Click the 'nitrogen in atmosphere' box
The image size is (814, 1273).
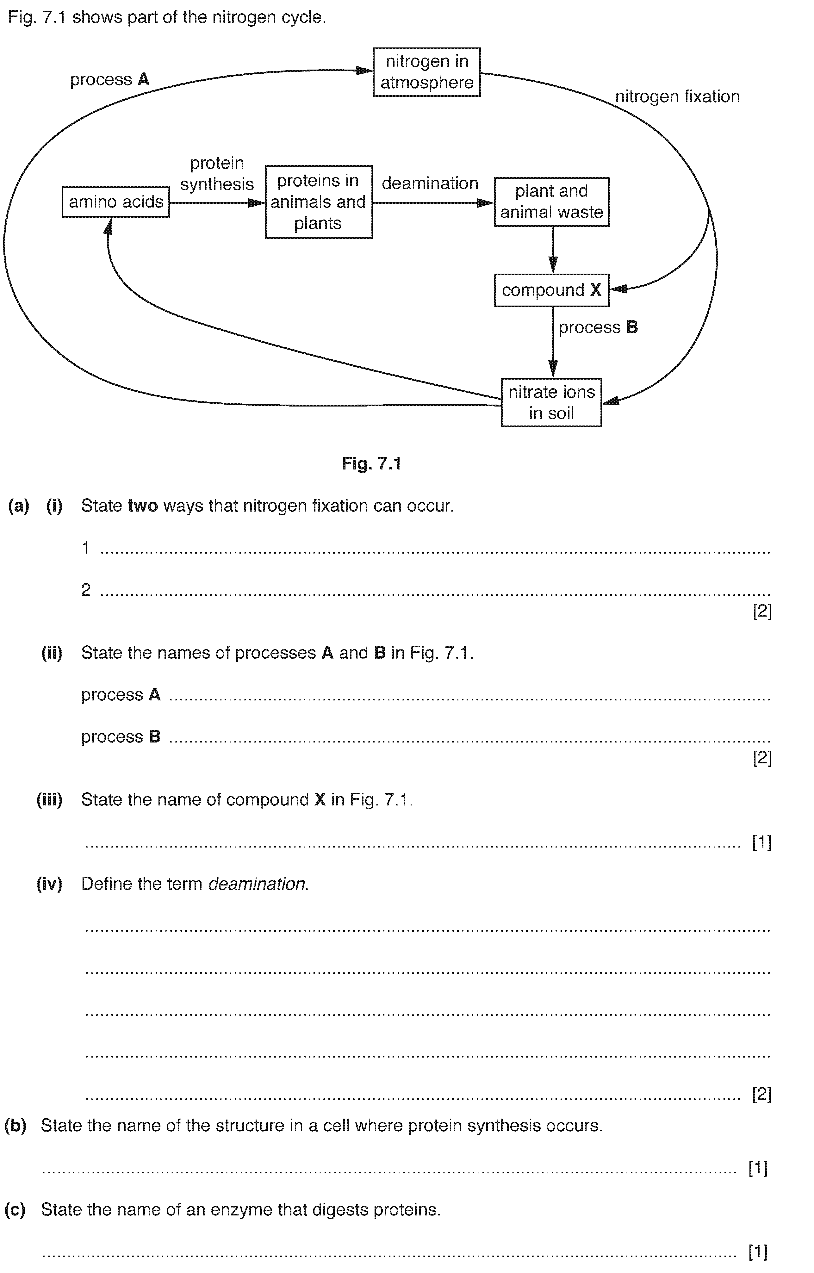click(426, 72)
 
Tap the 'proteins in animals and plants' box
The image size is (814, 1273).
click(319, 202)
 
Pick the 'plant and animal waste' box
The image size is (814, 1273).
click(552, 202)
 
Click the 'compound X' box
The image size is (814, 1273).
click(552, 290)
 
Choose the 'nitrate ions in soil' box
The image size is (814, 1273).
click(551, 402)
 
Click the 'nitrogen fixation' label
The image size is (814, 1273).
click(677, 97)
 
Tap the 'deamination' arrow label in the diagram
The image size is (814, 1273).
click(430, 183)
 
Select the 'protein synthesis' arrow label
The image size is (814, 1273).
click(217, 173)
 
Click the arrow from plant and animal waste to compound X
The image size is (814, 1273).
click(553, 250)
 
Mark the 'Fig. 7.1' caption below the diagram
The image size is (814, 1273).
click(372, 464)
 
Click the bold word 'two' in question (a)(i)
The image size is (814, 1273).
click(143, 506)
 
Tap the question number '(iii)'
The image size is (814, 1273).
click(49, 800)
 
